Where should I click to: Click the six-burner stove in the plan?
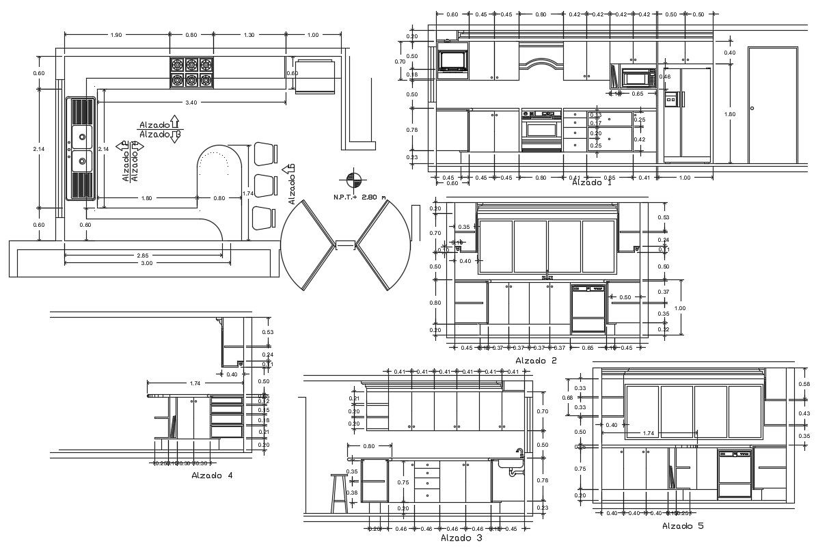(x=192, y=72)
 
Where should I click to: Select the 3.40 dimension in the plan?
(x=191, y=102)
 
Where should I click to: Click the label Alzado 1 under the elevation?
(x=592, y=182)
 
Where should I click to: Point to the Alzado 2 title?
(x=536, y=361)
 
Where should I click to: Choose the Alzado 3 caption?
(x=461, y=538)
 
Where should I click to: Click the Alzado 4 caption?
(x=212, y=475)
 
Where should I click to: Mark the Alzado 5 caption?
(x=683, y=526)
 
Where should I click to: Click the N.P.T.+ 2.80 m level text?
(x=359, y=197)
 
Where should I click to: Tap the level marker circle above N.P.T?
(x=354, y=180)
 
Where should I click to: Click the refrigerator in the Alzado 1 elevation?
(x=686, y=114)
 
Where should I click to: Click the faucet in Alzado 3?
(x=519, y=455)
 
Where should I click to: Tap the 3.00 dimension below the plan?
(x=147, y=263)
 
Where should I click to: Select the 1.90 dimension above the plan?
(x=116, y=35)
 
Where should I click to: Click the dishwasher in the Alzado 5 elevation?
(x=734, y=472)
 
